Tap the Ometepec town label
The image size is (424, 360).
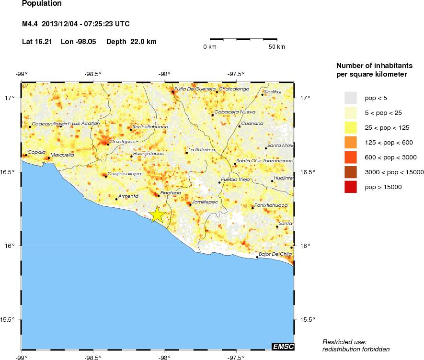[x=122, y=141]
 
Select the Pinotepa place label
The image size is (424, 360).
[x=171, y=192]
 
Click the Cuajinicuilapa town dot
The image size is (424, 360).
[x=106, y=177]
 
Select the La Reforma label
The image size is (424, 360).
[x=198, y=150]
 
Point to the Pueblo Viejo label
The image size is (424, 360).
[x=232, y=179]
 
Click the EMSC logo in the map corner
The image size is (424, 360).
[x=283, y=346]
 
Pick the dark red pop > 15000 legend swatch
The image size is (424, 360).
[x=351, y=187]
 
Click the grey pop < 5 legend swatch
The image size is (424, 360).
[x=351, y=98]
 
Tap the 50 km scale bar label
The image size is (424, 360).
[x=276, y=47]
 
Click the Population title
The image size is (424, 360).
[x=42, y=4]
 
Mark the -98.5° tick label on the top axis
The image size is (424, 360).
[x=93, y=74]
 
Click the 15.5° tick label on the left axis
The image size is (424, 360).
[x=10, y=320]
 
